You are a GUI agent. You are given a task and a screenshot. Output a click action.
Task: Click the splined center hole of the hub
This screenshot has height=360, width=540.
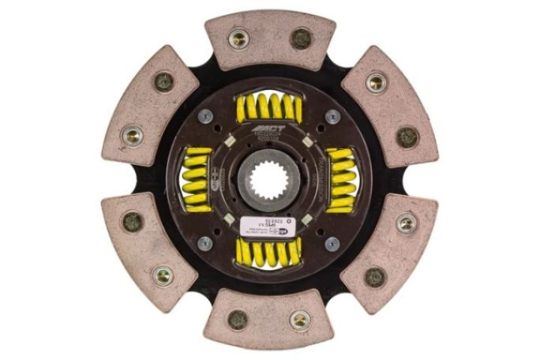coord(268,181)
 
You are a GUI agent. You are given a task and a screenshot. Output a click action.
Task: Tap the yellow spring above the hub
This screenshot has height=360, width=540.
coord(268,109)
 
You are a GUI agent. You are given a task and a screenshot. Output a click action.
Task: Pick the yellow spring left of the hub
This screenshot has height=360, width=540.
coord(198,180)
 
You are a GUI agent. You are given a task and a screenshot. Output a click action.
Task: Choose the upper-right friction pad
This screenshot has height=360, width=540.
coord(390,105)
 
